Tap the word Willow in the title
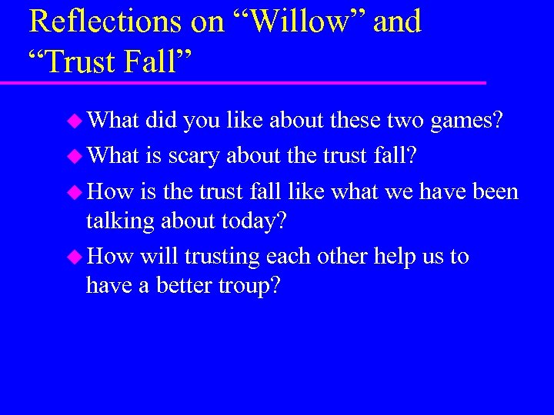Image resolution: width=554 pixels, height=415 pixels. [295, 22]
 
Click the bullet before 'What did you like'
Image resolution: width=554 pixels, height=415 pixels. [75, 120]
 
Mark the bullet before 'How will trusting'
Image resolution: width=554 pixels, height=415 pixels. [75, 257]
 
